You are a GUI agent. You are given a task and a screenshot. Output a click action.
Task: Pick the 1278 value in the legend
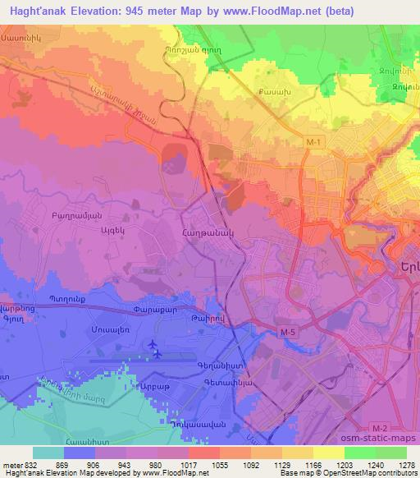coord(404,463)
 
